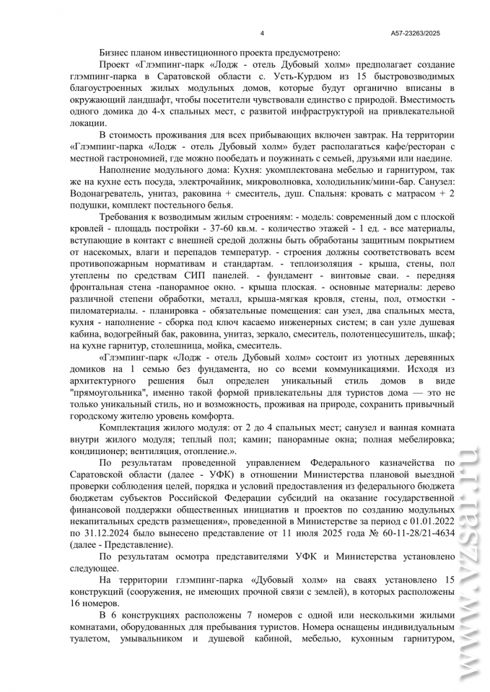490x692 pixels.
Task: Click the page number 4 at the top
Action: [262, 33]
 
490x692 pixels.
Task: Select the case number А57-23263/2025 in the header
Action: [420, 33]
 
